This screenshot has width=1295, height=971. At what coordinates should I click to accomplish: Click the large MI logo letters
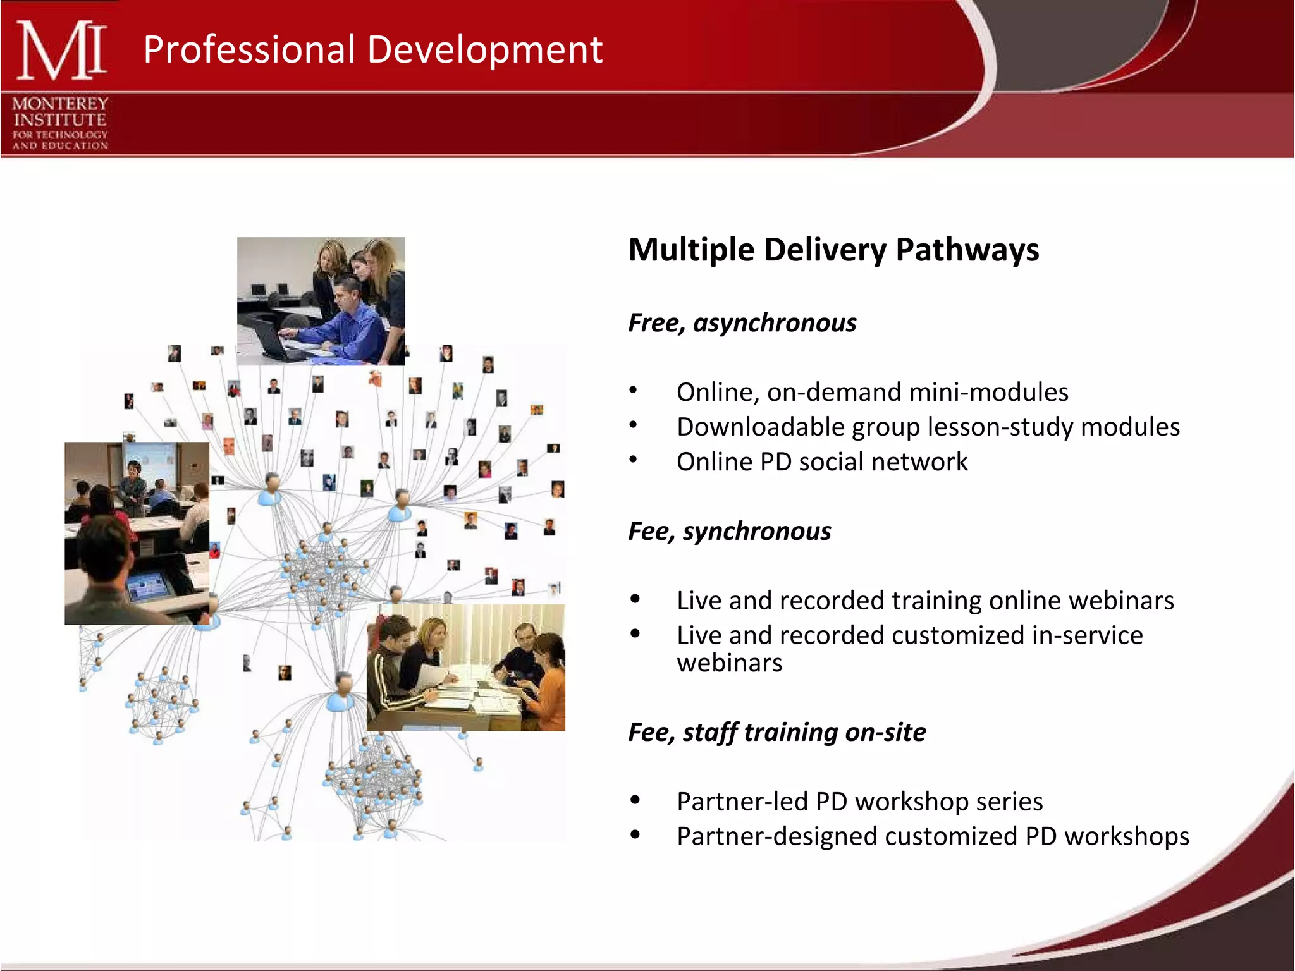click(61, 51)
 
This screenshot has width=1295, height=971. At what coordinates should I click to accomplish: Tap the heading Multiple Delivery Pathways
click(833, 250)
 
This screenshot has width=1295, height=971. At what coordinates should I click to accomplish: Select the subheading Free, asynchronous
click(742, 323)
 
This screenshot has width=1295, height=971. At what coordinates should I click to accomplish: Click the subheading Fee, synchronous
click(729, 532)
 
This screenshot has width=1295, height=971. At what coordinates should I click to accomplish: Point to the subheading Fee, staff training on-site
click(776, 733)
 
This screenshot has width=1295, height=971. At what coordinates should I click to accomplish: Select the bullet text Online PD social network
click(821, 462)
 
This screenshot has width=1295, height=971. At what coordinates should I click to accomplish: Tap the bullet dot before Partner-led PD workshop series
click(635, 800)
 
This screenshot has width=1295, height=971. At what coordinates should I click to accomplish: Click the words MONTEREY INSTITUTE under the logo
click(60, 112)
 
